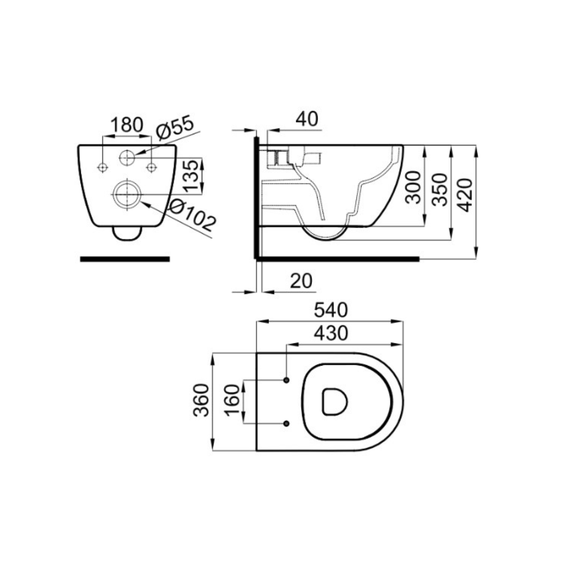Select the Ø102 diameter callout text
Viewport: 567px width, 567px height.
click(x=193, y=215)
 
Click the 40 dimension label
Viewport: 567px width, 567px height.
click(x=307, y=119)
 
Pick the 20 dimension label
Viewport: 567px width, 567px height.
click(x=301, y=281)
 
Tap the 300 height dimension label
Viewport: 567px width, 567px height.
click(x=413, y=187)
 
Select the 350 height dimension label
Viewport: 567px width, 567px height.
click(x=440, y=189)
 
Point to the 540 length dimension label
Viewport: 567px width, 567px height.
click(x=331, y=310)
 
